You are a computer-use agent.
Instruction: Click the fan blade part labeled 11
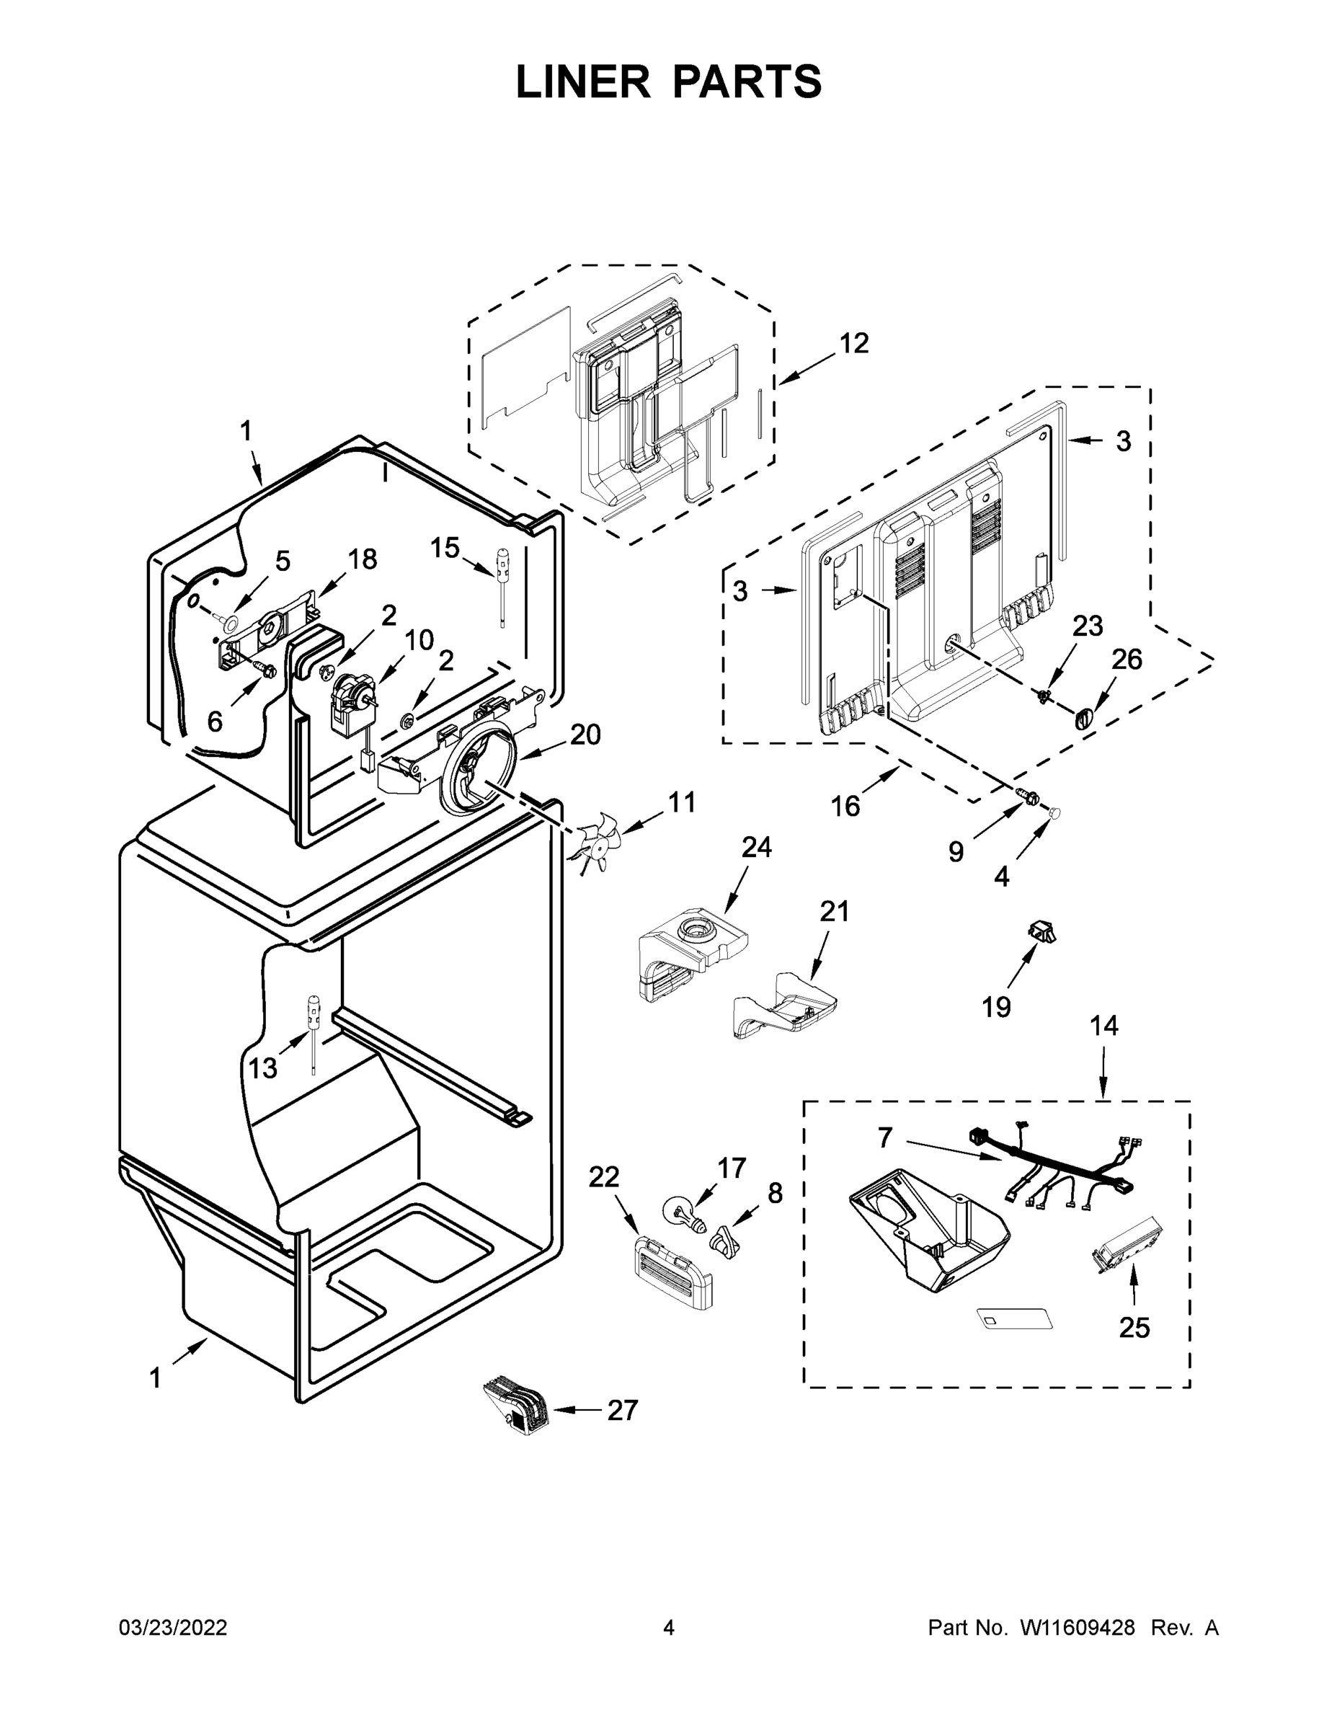click(600, 841)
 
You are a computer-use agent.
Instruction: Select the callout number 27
click(622, 1411)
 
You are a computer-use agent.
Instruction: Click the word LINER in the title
click(583, 81)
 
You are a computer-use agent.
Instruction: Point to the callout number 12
click(854, 343)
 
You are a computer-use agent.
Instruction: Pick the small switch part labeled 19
click(1044, 931)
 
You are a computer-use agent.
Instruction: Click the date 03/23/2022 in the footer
click(173, 1628)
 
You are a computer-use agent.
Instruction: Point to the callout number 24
click(756, 848)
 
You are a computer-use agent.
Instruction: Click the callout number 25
click(1134, 1328)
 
